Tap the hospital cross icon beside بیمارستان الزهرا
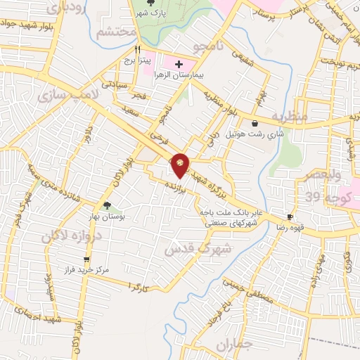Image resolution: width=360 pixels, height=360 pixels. (179, 65)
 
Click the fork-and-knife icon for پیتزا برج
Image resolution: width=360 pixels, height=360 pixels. (138, 51)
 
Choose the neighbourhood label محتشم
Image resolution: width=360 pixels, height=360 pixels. (115, 32)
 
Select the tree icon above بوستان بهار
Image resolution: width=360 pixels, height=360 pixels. (107, 205)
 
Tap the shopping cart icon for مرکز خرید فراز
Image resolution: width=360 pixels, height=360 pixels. (86, 259)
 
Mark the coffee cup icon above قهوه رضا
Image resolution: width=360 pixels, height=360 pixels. (290, 216)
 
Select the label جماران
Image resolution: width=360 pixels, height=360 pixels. (234, 345)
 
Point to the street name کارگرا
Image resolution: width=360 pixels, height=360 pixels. (141, 285)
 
